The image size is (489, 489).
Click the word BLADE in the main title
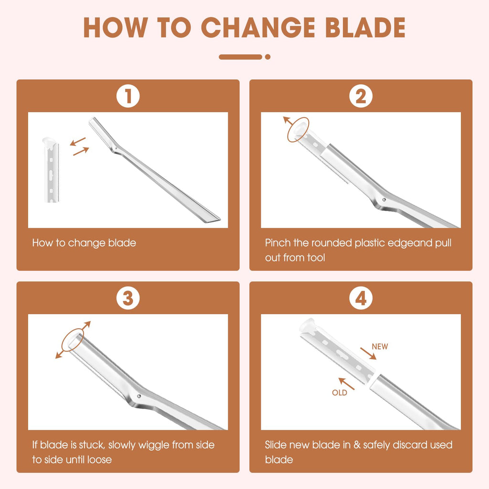coord(365,27)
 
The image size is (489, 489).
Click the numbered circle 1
coord(128,96)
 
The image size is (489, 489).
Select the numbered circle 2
coord(361,96)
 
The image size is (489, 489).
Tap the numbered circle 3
coord(128,298)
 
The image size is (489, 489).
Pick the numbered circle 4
coord(361,298)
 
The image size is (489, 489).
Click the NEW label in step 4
coord(380,347)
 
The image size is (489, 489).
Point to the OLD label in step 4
coord(340,393)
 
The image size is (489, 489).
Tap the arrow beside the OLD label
coord(347,383)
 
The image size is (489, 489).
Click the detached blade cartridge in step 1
coord(51,170)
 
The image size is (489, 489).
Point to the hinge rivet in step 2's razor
coord(384,200)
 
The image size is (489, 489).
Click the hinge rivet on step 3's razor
coord(139,396)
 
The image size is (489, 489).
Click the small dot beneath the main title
coord(267,57)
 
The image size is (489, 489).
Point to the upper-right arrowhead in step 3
coord(88,324)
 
